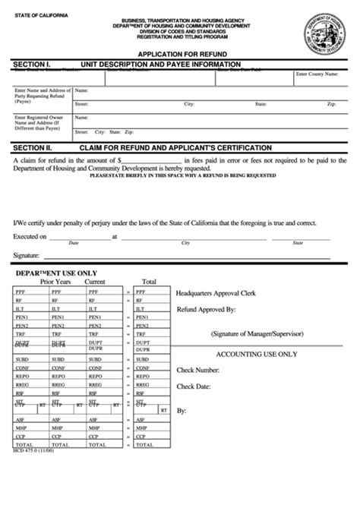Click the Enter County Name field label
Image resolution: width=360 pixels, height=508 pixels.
click(321, 74)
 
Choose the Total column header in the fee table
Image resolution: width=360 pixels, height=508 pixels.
click(149, 281)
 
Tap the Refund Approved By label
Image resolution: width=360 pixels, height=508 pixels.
click(206, 310)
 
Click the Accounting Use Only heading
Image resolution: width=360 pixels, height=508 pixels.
click(257, 354)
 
